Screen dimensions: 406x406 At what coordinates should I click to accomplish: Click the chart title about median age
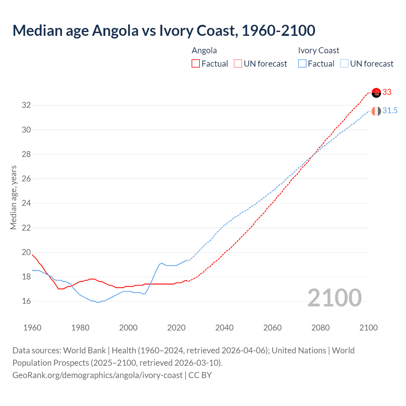[164, 30]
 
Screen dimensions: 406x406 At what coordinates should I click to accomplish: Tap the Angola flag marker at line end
[376, 93]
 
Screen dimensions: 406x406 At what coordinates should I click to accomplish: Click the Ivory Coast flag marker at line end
[376, 111]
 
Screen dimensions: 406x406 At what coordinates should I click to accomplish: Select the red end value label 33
[387, 92]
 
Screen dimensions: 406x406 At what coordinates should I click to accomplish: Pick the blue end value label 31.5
[390, 111]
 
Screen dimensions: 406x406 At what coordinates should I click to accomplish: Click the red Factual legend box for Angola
[196, 64]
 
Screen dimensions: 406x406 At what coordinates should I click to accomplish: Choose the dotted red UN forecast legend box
[238, 64]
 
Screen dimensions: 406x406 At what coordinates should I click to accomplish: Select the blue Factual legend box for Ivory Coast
[302, 64]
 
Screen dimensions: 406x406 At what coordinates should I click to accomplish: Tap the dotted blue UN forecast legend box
[344, 64]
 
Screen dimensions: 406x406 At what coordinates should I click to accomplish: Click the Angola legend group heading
[204, 51]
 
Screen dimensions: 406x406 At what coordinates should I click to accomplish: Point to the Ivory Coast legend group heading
[318, 51]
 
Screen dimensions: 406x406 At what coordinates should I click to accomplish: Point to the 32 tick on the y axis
[26, 105]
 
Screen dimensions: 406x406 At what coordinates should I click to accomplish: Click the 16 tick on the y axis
[26, 301]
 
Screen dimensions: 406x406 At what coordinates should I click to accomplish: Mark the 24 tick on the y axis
[26, 203]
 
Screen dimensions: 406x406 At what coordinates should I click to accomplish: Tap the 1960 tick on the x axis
[32, 328]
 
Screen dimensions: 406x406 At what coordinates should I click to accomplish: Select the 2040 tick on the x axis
[224, 328]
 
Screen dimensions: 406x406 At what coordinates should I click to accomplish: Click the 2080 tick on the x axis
[320, 328]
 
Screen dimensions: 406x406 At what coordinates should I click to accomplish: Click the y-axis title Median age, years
[13, 197]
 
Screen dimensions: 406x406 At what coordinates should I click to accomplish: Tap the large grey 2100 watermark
[334, 298]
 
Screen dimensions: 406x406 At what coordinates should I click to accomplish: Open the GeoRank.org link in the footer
[97, 375]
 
